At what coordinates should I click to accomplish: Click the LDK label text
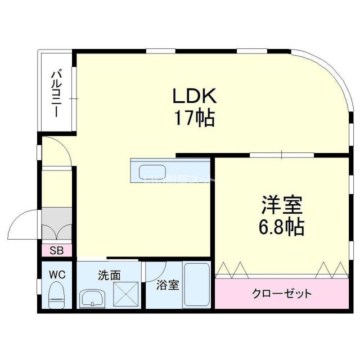pyautogui.click(x=194, y=97)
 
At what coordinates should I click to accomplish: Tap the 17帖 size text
pyautogui.click(x=194, y=118)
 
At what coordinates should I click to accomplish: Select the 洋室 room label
pyautogui.click(x=281, y=204)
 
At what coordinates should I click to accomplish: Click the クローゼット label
pyautogui.click(x=282, y=294)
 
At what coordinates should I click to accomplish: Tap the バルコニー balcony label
pyautogui.click(x=56, y=92)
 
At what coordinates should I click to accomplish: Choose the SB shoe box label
pyautogui.click(x=56, y=251)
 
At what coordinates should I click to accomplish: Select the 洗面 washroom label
pyautogui.click(x=109, y=276)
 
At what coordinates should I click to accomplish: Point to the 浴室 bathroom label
pyautogui.click(x=168, y=285)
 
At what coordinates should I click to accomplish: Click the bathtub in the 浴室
pyautogui.click(x=196, y=286)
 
